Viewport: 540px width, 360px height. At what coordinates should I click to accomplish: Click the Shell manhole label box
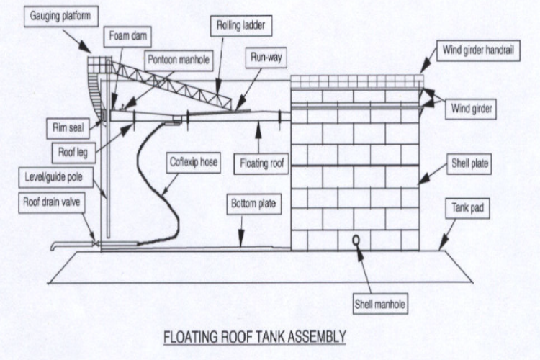click(x=379, y=305)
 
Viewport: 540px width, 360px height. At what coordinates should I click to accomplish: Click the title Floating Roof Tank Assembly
click(x=256, y=336)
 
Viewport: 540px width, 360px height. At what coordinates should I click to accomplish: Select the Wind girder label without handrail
click(x=472, y=109)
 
